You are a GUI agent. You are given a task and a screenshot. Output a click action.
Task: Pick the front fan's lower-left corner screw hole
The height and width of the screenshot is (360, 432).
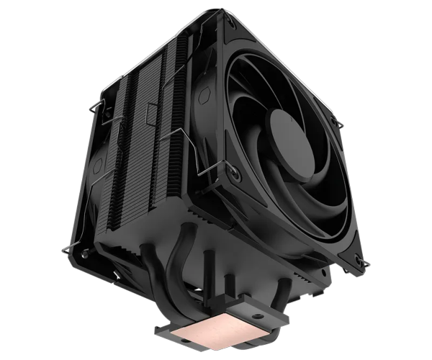pyautogui.click(x=235, y=173)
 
